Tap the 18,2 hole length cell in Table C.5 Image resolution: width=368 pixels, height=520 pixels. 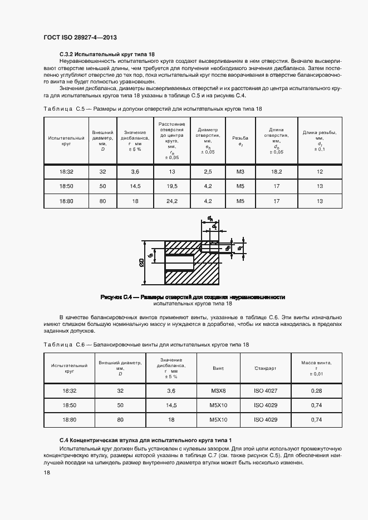point(277,172)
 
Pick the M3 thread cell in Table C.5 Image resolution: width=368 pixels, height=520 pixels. point(240,172)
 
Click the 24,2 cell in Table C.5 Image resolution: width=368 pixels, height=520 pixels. point(172,201)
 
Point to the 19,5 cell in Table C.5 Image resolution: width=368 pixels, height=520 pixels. point(172,187)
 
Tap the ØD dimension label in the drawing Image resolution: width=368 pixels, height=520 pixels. point(143,262)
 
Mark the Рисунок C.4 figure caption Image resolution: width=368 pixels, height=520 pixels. point(192,296)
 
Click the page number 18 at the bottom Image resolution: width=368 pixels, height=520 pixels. point(47,472)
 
